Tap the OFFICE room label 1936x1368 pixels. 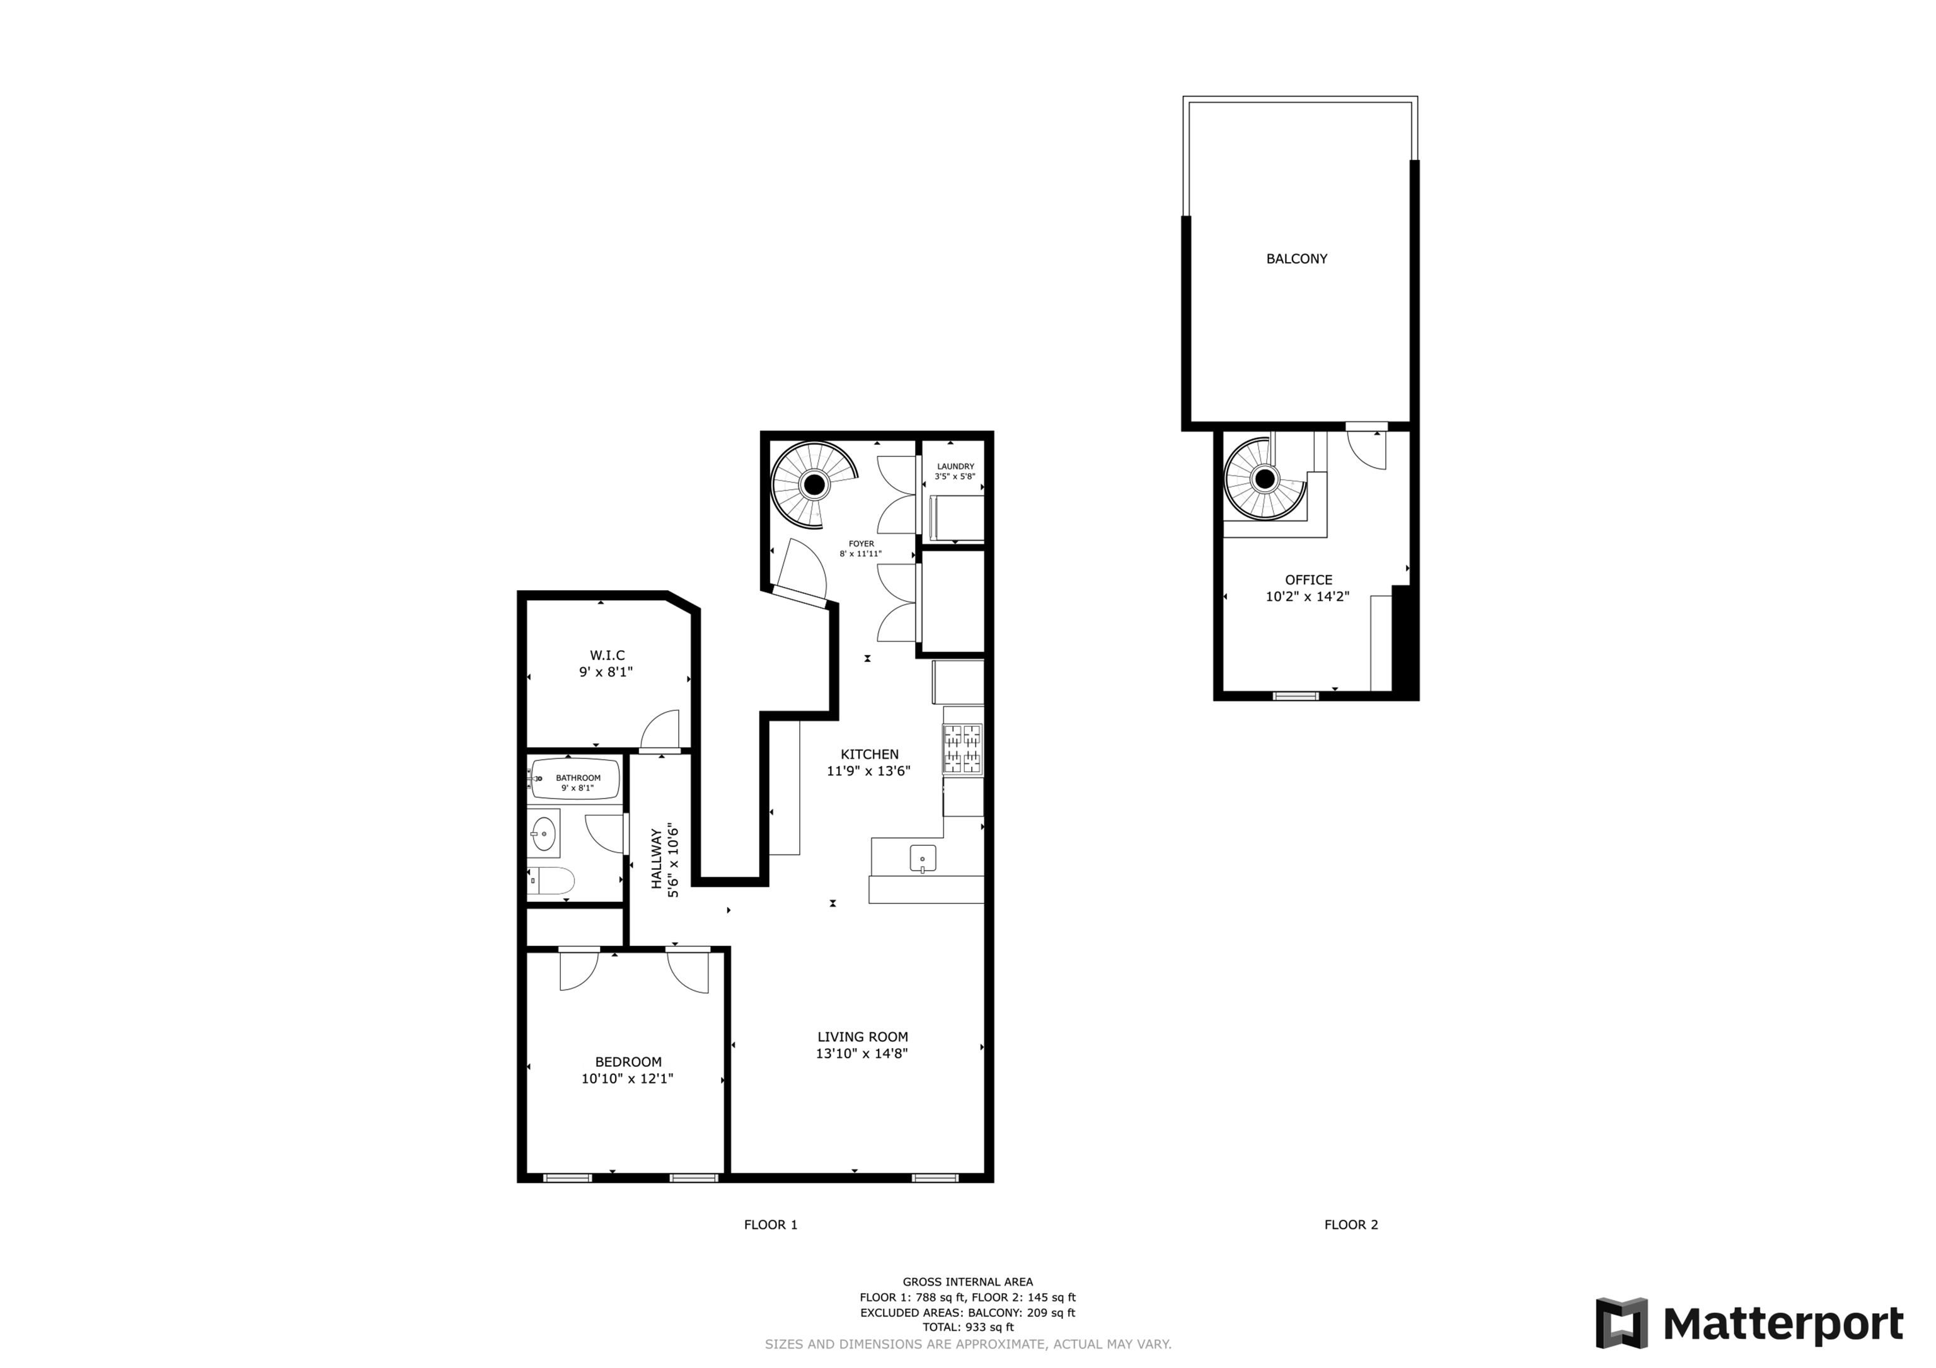(x=1308, y=580)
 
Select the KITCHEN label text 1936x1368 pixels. (x=869, y=755)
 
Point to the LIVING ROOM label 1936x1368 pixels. (x=861, y=1037)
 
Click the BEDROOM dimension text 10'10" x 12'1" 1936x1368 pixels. (x=626, y=1078)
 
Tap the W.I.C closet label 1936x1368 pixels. (x=606, y=655)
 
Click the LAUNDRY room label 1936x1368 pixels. (x=955, y=466)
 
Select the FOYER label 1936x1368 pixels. (x=861, y=544)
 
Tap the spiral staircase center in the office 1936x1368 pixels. (x=1264, y=479)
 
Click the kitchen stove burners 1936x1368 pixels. (x=962, y=748)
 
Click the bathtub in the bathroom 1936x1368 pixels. (x=576, y=778)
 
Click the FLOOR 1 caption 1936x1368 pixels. (x=770, y=1224)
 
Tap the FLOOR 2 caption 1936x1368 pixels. (x=1350, y=1224)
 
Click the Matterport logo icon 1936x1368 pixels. (x=1621, y=1323)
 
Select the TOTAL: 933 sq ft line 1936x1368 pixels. (x=967, y=1326)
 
